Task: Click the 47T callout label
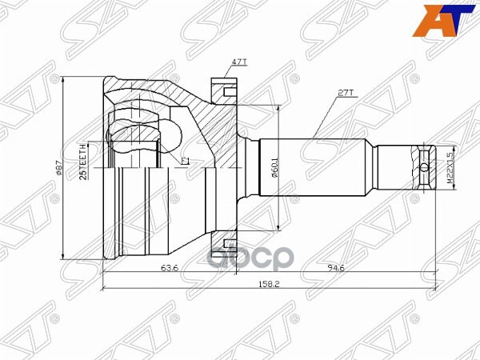(x=238, y=62)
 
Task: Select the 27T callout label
(x=346, y=94)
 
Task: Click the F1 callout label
(x=185, y=161)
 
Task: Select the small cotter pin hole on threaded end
(x=422, y=167)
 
